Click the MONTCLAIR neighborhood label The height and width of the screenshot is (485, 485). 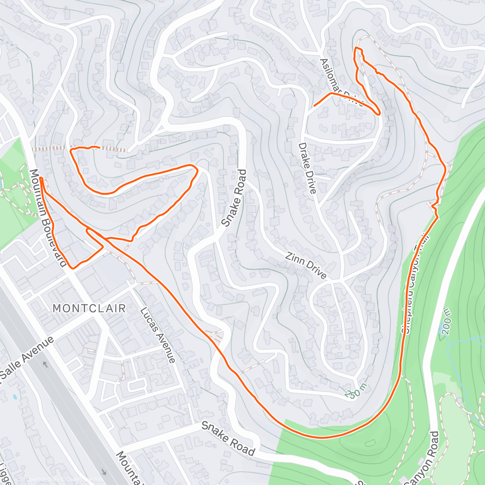tap(89, 308)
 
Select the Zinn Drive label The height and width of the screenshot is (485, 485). tap(306, 266)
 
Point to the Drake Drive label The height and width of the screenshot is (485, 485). tap(307, 168)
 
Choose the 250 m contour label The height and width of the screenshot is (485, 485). tap(356, 391)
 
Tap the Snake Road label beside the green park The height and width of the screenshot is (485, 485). tap(228, 438)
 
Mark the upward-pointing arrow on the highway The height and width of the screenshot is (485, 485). tap(44, 365)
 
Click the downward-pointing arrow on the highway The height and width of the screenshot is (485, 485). tap(104, 472)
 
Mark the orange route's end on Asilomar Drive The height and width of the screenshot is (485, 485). tap(314, 105)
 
